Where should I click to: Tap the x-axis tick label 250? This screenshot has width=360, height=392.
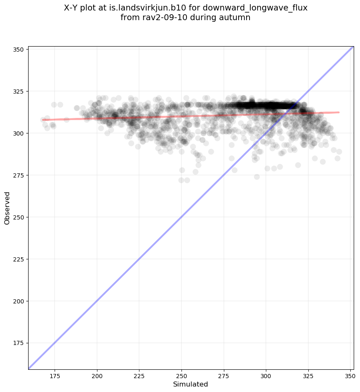181,375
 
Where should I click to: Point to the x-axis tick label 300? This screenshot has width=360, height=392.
266,375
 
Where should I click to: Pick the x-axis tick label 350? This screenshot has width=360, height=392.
350,375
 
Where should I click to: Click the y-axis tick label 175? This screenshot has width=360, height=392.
19,343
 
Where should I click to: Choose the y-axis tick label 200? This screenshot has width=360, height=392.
19,301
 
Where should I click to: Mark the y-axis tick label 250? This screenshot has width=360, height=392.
19,217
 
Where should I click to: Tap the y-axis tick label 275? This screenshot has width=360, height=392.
19,175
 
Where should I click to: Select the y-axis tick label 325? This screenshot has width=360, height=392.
19,91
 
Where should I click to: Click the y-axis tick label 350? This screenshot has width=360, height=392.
19,49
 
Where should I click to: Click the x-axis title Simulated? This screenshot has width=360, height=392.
191,384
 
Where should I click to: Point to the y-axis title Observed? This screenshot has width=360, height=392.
7,208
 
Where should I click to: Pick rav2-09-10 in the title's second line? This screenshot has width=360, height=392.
160,18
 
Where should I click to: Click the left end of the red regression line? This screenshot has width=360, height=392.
43,120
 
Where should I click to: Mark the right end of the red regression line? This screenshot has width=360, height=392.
339,112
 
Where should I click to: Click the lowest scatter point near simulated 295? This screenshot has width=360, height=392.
257,177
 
